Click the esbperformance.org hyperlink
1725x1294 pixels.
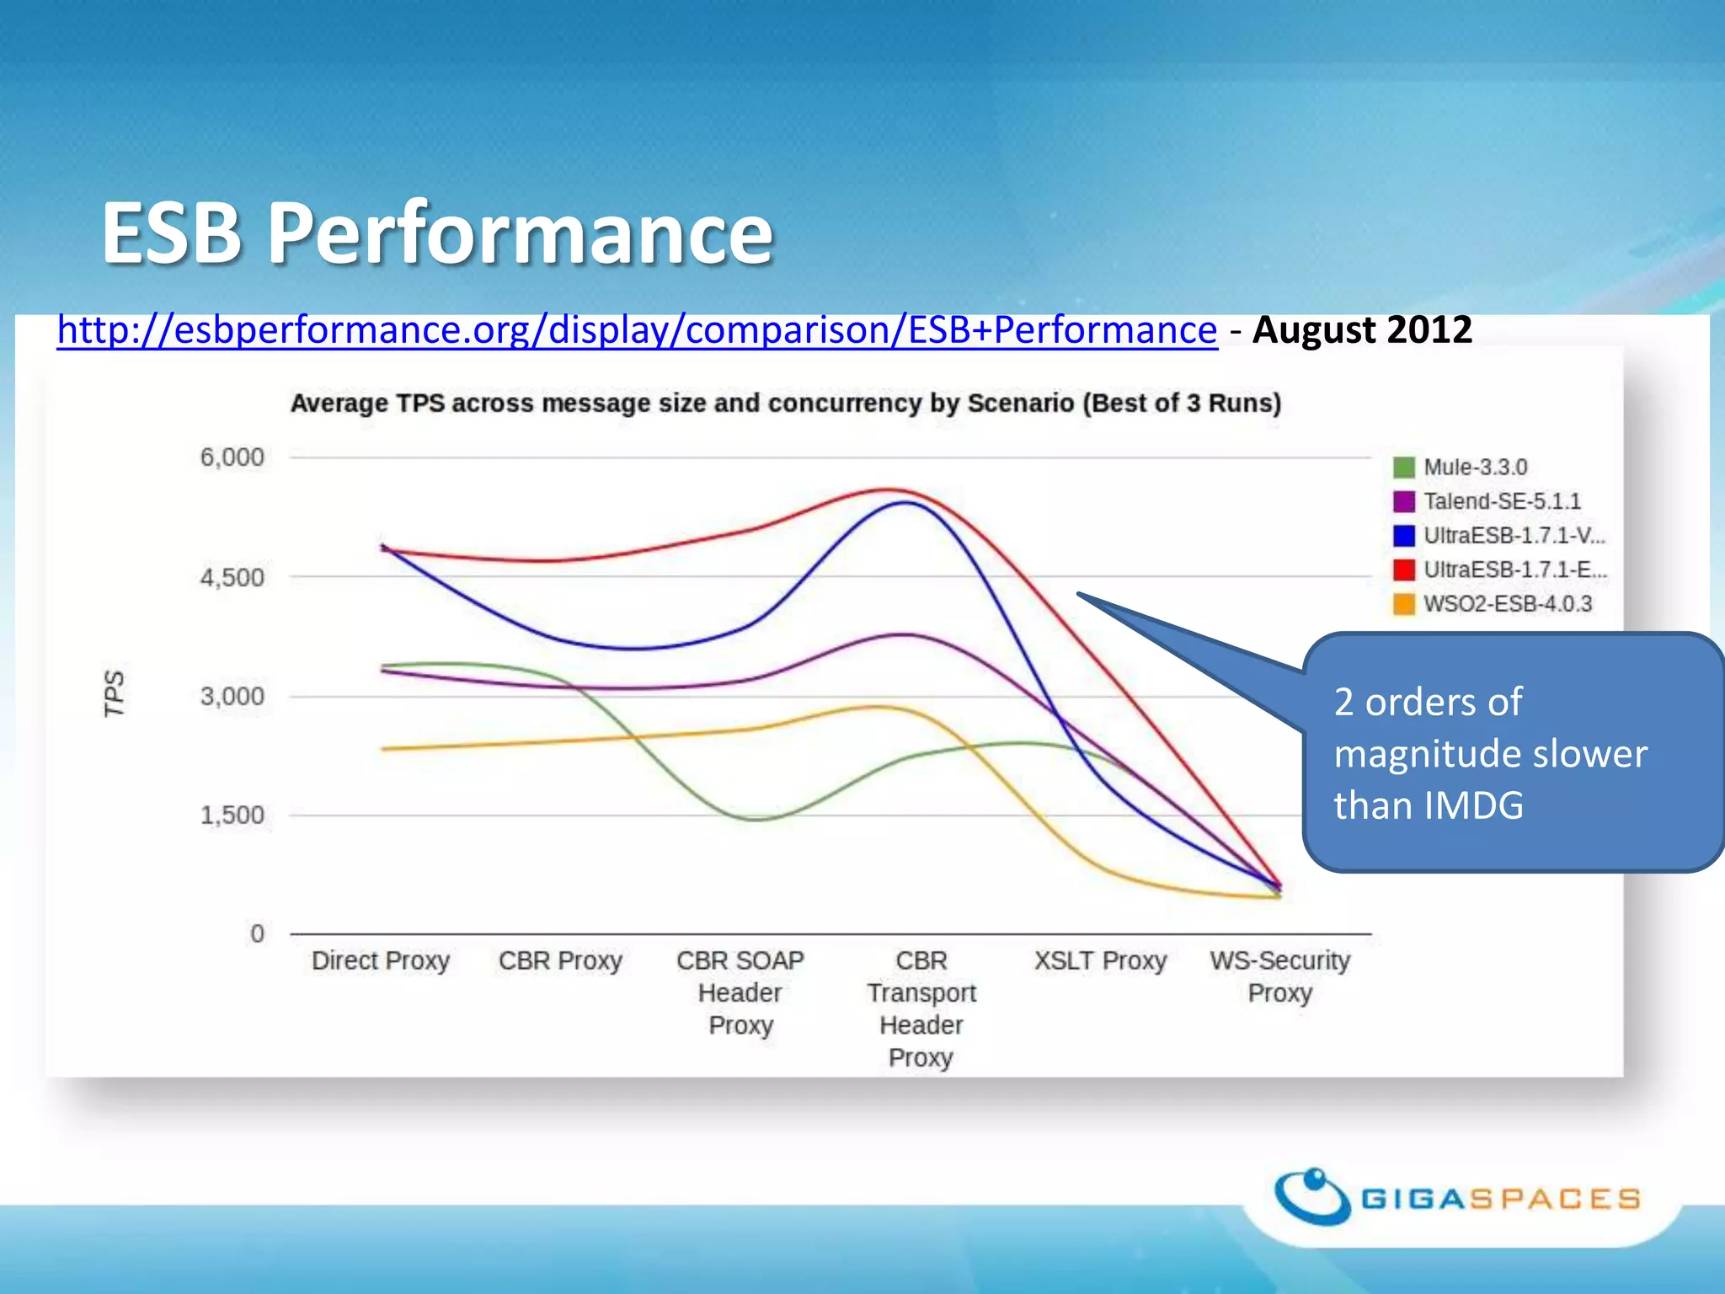(637, 330)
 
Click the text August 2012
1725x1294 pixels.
(1362, 330)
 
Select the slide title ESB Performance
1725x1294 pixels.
(437, 233)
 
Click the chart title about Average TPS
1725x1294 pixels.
(786, 404)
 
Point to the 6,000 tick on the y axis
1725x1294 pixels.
(232, 457)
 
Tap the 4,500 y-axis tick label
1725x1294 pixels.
(232, 578)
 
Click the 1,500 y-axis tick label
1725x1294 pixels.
(232, 815)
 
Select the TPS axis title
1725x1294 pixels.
(114, 694)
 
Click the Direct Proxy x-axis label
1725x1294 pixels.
(381, 960)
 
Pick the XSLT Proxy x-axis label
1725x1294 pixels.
(1100, 960)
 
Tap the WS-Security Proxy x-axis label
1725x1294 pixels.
(1279, 976)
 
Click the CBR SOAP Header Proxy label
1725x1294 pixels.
(740, 992)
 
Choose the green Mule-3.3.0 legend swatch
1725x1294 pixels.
(1403, 468)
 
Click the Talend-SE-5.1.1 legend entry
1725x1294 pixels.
(1502, 502)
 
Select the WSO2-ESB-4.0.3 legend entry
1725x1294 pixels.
(1507, 604)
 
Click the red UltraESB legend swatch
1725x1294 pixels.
(1403, 570)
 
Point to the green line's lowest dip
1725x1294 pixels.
(760, 819)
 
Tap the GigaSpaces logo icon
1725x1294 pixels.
(1312, 1196)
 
